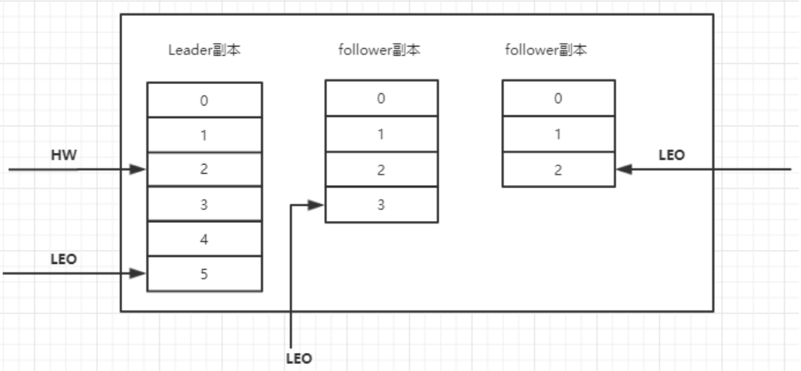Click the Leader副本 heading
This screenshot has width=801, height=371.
[x=204, y=51]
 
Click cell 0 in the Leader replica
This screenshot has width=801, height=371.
[x=204, y=100]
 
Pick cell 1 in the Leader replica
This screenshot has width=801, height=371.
[x=204, y=135]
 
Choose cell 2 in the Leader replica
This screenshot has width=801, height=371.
[x=204, y=170]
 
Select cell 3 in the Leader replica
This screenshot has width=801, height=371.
[x=204, y=204]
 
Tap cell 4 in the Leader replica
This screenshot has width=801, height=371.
[x=204, y=239]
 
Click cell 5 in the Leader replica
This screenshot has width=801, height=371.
[x=204, y=274]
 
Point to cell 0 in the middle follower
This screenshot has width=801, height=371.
[x=381, y=98]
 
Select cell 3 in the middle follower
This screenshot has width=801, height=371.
[x=381, y=204]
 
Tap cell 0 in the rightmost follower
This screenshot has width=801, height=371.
[x=558, y=98]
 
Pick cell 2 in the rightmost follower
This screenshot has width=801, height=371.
[x=558, y=169]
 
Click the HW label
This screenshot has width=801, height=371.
[x=64, y=155]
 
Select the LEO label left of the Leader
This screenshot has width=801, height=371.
[x=64, y=260]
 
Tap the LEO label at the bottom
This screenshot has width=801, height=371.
[x=299, y=358]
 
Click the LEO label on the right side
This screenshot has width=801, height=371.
[x=671, y=155]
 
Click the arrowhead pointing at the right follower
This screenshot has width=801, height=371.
[x=623, y=169]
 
